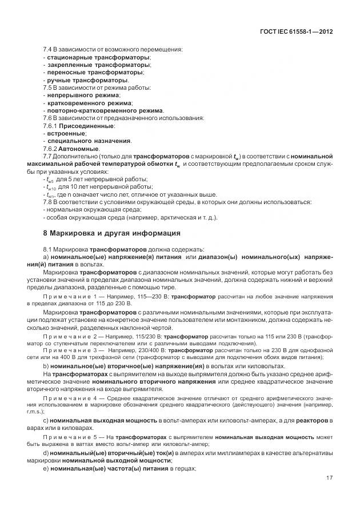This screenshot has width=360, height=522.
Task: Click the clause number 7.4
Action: tap(48, 50)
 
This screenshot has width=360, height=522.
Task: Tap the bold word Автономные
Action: tap(83, 148)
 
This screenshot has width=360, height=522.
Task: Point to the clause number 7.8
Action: tap(48, 201)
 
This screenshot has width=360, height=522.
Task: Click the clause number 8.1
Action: tap(48, 249)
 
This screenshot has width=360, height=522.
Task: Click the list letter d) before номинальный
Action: tap(46, 453)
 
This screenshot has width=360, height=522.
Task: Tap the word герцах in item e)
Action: tap(183, 469)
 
